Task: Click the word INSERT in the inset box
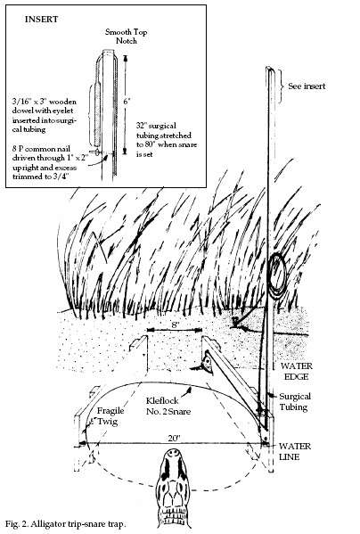(x=41, y=20)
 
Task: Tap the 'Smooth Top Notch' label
(x=126, y=37)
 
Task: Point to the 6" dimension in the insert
(x=127, y=102)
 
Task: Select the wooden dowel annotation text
(x=45, y=116)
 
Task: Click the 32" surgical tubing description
(x=167, y=140)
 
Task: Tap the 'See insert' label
(x=307, y=86)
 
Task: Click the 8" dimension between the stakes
(x=175, y=325)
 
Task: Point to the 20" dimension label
(x=174, y=439)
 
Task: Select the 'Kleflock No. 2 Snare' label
(x=168, y=406)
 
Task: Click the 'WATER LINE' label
(x=295, y=451)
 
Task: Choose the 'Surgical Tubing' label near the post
(x=295, y=401)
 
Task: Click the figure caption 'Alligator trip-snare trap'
(x=65, y=524)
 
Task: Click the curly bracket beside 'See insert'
(x=281, y=86)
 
